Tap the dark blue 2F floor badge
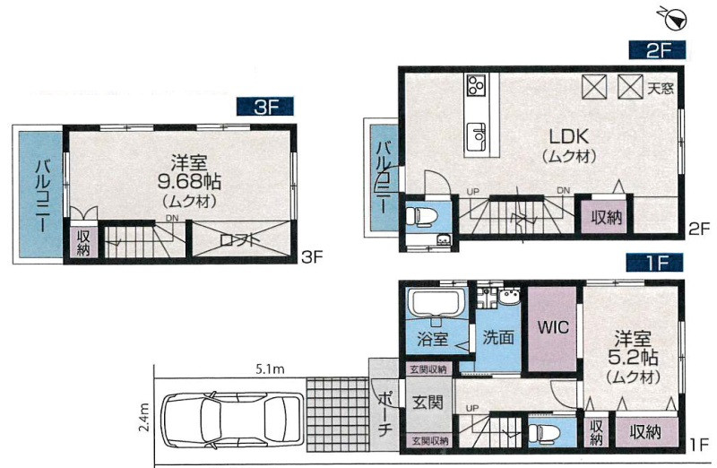657,50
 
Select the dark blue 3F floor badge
264,107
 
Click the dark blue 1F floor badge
655,263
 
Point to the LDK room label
568,136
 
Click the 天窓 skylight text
661,87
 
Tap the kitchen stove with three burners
476,85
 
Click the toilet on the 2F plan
419,214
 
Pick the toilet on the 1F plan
541,431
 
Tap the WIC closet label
553,327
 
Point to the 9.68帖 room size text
189,182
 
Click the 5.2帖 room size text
633,357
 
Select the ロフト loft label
239,240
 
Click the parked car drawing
233,420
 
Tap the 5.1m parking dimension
270,368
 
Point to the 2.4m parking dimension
143,419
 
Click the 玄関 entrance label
428,403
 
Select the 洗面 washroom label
498,338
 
